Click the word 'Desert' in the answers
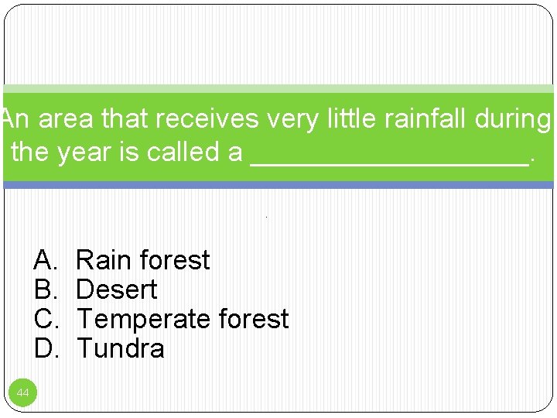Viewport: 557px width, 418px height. [117, 290]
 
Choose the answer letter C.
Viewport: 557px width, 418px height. [44, 319]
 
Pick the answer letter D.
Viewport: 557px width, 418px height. [44, 348]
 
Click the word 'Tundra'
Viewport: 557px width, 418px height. [121, 348]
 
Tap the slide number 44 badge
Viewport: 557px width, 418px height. [23, 393]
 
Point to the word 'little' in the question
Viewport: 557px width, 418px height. [347, 119]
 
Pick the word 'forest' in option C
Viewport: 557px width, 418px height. [254, 319]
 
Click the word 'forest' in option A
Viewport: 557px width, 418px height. [175, 260]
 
